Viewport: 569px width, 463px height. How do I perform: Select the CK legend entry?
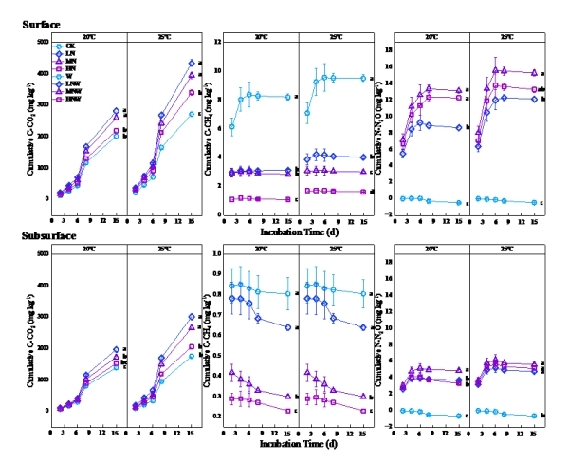[69, 46]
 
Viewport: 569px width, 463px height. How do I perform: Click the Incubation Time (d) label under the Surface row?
[298, 230]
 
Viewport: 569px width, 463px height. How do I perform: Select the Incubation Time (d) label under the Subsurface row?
[298, 442]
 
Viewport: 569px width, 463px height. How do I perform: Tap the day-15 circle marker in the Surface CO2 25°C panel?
[191, 114]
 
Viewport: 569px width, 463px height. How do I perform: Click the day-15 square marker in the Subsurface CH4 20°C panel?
[287, 411]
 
